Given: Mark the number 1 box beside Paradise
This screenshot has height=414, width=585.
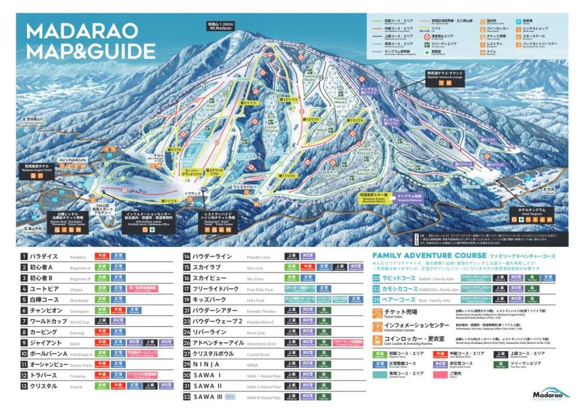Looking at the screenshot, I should click(x=25, y=257).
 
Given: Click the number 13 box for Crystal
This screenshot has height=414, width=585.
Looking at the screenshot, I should click(x=25, y=386).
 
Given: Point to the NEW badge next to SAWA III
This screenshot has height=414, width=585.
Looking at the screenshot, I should click(x=230, y=396).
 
